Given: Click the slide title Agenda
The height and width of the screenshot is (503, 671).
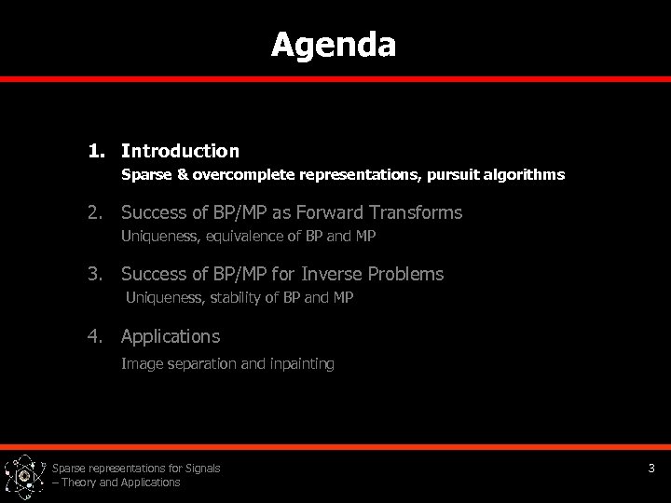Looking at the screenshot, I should [334, 45].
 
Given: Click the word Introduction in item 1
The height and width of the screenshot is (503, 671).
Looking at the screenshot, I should [180, 151].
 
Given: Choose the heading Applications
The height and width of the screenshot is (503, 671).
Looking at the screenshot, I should [171, 335].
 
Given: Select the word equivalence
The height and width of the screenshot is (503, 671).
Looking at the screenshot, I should [237, 237].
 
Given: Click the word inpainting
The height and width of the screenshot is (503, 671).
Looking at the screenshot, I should [301, 364].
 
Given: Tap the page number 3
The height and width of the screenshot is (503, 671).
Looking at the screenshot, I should [651, 469].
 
